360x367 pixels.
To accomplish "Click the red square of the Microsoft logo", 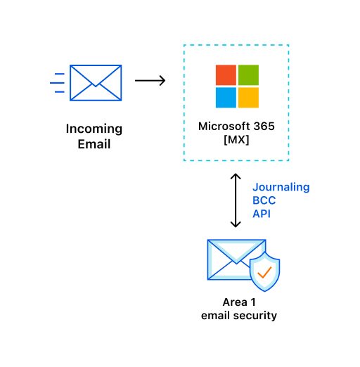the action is tap(226, 75).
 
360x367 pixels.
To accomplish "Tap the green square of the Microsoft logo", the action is tap(248, 75).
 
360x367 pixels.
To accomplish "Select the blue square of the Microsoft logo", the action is tap(226, 98).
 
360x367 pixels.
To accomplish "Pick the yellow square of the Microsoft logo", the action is tap(248, 98).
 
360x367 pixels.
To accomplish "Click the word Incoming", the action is tap(94, 129).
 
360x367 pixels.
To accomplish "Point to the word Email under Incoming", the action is tap(94, 144).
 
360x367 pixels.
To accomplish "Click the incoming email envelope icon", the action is tap(96, 83).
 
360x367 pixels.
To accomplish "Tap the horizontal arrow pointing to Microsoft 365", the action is tap(150, 81).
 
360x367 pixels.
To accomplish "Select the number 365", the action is tap(264, 127).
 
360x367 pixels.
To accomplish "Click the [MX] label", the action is tap(236, 140).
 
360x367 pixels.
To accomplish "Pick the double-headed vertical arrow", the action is tap(236, 200).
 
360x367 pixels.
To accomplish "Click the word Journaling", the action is tap(281, 188).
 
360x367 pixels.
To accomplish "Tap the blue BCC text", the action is tap(264, 200).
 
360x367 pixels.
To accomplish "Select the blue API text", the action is tap(262, 214).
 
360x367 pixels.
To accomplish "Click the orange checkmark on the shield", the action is tap(264, 272).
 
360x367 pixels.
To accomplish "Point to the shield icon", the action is tap(265, 271).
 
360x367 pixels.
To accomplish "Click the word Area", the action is tap(235, 302).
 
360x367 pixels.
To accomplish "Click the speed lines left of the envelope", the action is tap(57, 83).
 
